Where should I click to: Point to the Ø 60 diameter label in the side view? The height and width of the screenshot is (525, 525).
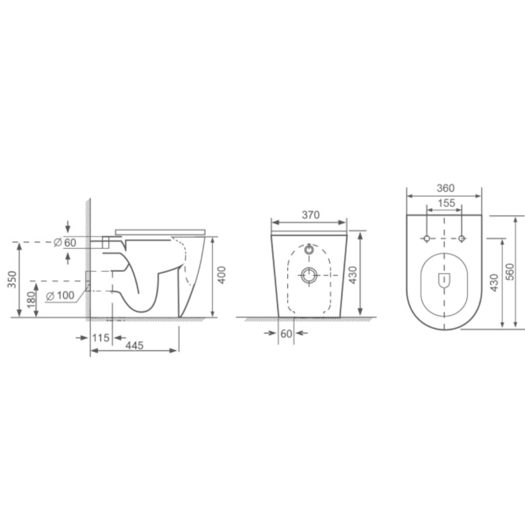(66, 242)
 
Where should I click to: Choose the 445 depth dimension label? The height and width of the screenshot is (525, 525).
(134, 345)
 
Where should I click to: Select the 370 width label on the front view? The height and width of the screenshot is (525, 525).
(310, 215)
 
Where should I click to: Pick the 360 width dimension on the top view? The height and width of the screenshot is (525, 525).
(444, 188)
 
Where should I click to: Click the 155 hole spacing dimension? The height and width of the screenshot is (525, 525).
(444, 202)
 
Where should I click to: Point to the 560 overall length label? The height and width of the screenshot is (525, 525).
(509, 272)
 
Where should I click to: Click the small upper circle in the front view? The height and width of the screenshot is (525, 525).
(309, 250)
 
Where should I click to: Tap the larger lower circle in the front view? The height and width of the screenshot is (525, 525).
(309, 275)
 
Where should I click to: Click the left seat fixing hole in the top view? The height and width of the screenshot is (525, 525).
(426, 238)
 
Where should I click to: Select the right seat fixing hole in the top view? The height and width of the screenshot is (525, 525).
(462, 238)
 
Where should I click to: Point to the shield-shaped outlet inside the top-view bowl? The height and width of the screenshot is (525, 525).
(444, 281)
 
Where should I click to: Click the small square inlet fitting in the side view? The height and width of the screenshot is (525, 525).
(106, 243)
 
